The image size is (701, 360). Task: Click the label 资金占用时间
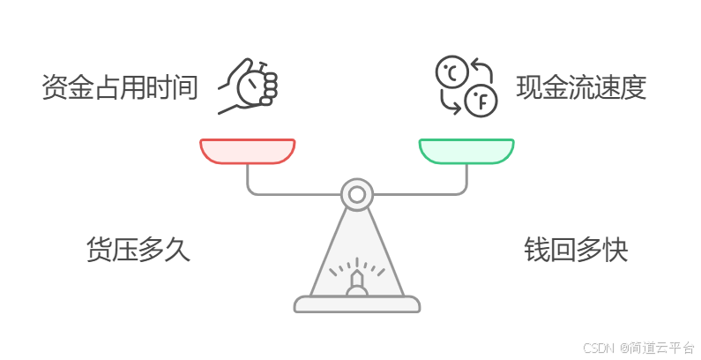click(x=120, y=88)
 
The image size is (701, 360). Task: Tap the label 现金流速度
click(x=581, y=88)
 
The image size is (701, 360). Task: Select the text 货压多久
click(x=138, y=250)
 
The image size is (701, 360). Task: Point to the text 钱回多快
click(x=576, y=250)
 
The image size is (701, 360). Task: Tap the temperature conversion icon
click(x=466, y=86)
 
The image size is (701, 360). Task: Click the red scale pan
click(x=247, y=151)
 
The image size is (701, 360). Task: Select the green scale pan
click(x=466, y=151)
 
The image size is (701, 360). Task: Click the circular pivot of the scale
click(x=356, y=193)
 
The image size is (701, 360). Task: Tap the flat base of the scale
click(x=356, y=304)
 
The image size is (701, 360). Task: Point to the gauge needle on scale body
click(x=356, y=281)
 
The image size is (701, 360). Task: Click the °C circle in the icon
click(x=451, y=72)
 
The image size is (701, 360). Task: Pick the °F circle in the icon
click(x=481, y=101)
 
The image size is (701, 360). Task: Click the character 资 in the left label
click(x=55, y=88)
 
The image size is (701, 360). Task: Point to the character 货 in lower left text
click(x=99, y=250)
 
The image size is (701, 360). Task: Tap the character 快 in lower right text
click(x=615, y=250)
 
